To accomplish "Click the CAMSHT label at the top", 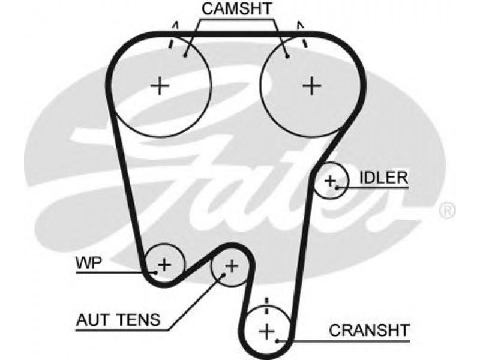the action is click(236, 8).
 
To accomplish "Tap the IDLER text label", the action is click(383, 178).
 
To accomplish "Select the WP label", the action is click(89, 263).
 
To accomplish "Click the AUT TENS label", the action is click(118, 320).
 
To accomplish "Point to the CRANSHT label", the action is click(369, 331).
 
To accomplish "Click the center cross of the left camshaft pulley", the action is click(160, 85).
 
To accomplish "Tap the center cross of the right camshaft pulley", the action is click(311, 85).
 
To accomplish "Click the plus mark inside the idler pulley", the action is click(330, 181).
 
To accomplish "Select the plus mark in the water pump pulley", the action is click(164, 264).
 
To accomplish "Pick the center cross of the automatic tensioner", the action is click(232, 266).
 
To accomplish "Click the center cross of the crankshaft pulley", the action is click(267, 331).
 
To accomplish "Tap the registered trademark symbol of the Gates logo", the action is click(448, 211).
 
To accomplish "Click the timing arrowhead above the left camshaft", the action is click(175, 25).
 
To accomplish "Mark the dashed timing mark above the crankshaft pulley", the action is click(266, 305).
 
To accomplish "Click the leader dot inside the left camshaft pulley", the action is click(185, 55).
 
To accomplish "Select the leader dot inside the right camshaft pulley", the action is click(287, 56).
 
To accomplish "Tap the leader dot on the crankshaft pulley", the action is click(277, 340).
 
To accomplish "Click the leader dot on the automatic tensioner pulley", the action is click(223, 275).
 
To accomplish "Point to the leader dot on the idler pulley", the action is click(337, 187).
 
